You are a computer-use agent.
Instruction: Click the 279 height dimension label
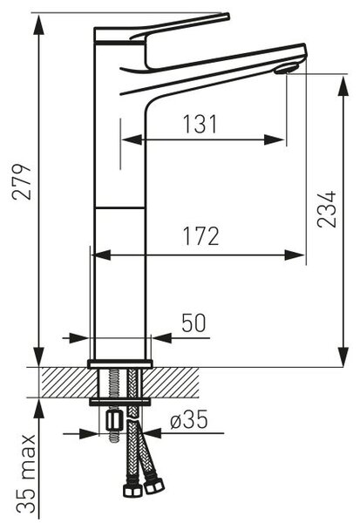tap(21, 181)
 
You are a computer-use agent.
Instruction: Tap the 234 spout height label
tap(326, 209)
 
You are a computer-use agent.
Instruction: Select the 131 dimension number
tap(200, 124)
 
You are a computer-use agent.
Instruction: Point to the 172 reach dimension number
tap(200, 236)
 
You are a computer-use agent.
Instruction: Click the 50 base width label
tap(194, 323)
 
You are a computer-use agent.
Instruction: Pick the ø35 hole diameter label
tap(189, 419)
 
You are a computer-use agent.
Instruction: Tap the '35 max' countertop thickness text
tap(26, 473)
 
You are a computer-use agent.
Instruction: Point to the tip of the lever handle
tap(228, 16)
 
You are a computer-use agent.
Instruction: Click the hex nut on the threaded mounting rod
tap(113, 421)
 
